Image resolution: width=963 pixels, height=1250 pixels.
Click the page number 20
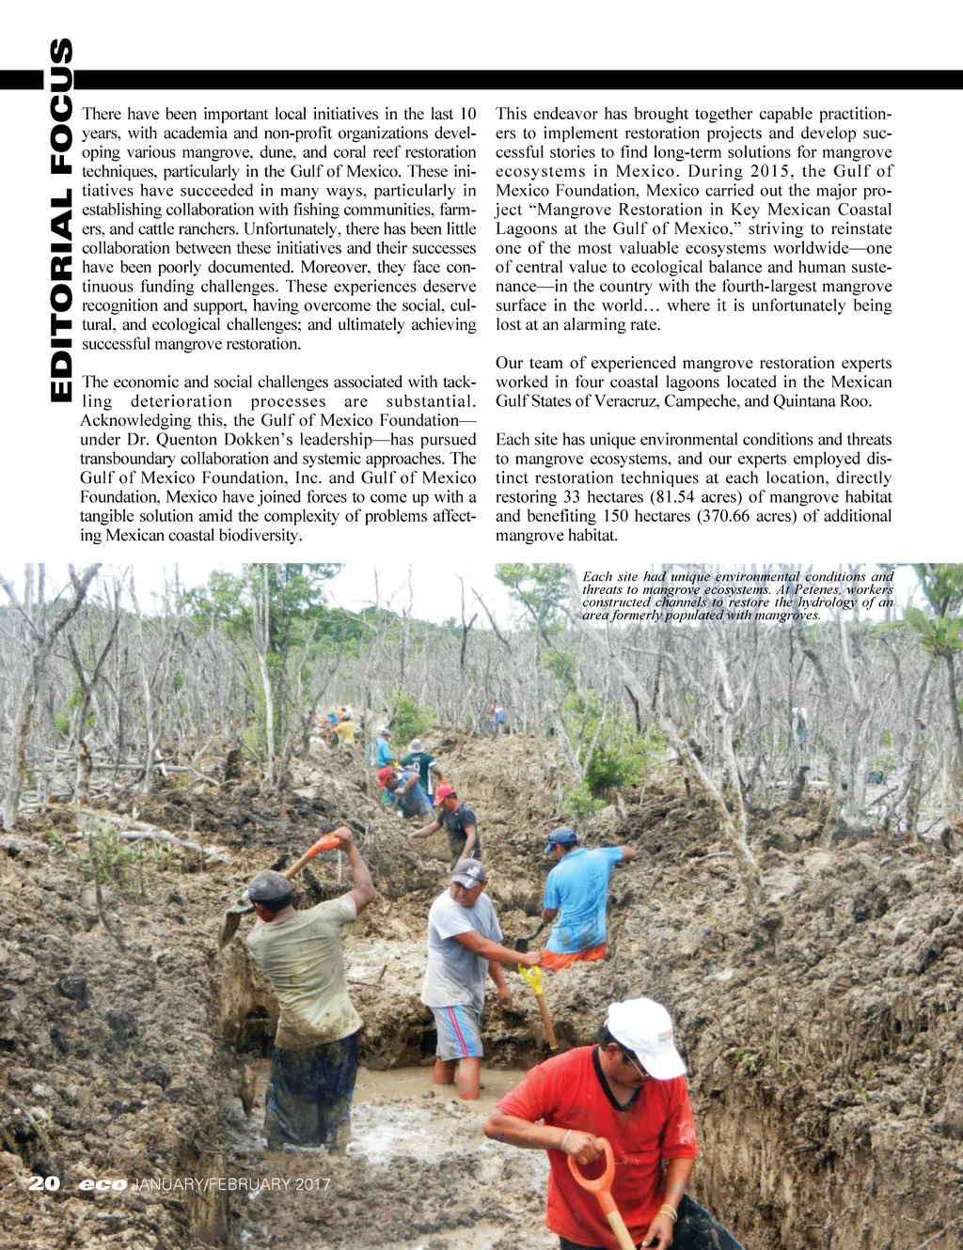coord(44,1182)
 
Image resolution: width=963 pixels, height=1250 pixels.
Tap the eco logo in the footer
coord(103,1184)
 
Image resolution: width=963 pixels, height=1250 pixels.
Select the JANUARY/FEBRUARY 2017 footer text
coord(230,1184)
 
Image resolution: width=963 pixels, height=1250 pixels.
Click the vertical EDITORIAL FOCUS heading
coord(60,221)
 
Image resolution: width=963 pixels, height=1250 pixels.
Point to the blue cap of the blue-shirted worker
coord(560,836)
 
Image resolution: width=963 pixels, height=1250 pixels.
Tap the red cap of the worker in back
coord(444,794)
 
